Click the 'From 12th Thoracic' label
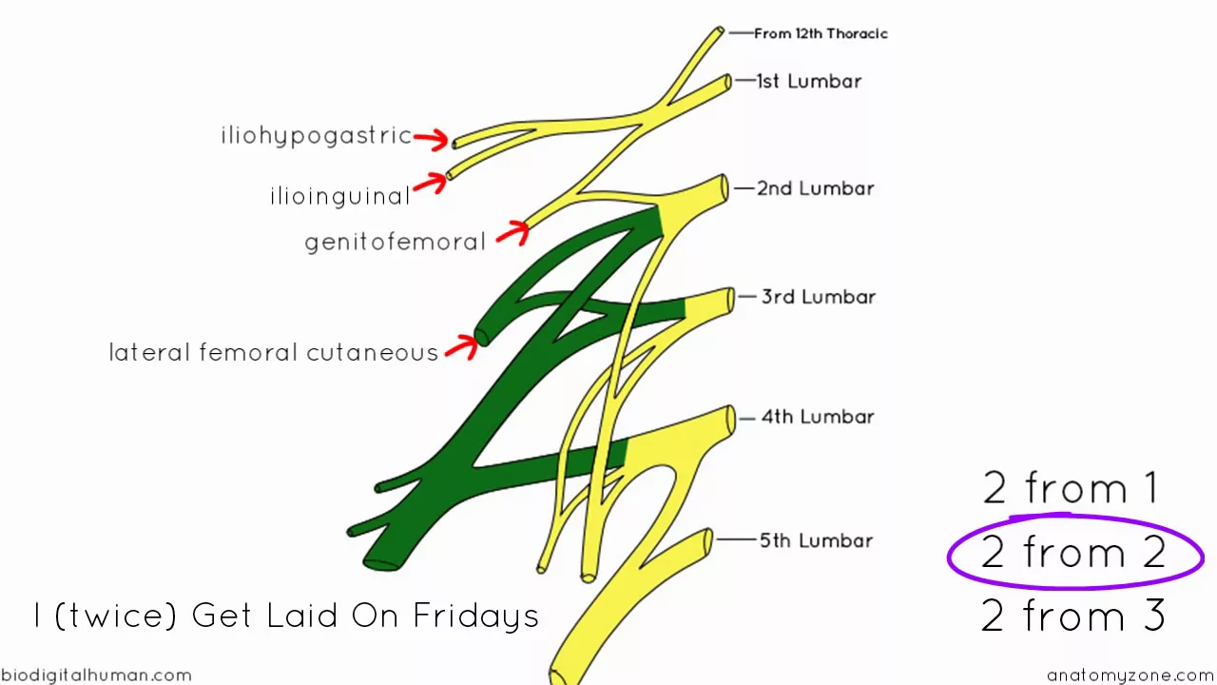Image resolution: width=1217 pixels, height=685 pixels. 821,33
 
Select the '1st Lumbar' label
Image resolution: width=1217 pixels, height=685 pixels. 808,82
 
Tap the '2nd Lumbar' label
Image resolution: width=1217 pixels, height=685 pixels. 815,188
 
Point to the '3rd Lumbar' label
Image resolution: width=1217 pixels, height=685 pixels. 818,297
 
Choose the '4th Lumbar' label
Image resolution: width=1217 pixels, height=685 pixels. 817,417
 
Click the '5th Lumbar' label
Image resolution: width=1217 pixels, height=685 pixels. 816,540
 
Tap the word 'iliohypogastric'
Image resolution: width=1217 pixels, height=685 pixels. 317,136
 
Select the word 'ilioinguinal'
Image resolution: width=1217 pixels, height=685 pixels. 340,197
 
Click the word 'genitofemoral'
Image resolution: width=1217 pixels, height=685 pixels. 396,242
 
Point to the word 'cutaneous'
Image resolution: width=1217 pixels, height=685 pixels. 372,353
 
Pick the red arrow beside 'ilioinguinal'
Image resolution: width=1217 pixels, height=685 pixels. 430,182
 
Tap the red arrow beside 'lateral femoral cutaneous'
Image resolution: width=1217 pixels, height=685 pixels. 462,346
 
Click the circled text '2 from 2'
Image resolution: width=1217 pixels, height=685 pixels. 1074,553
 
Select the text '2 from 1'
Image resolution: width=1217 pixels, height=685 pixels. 1072,489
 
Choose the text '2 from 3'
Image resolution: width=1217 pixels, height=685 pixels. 1073,616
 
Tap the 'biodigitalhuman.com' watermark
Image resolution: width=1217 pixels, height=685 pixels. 96,675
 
